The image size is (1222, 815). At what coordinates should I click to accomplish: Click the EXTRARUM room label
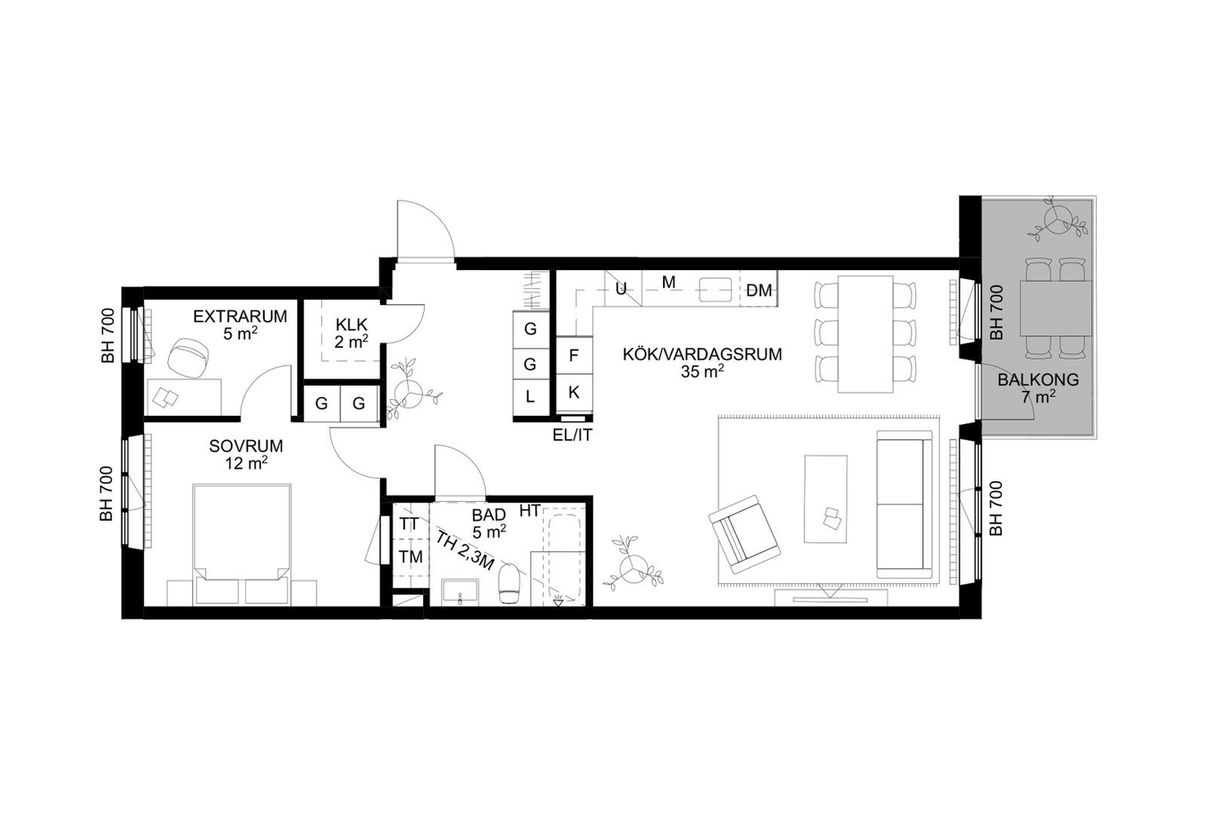coord(240,317)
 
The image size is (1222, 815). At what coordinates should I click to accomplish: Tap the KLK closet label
coord(352,325)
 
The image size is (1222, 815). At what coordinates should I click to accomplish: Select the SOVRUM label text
coord(246,446)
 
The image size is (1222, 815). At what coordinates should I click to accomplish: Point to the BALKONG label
coord(1038,379)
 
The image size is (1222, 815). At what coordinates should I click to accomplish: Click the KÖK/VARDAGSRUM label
coord(702,354)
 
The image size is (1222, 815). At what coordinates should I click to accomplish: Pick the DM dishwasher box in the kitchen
coord(759,289)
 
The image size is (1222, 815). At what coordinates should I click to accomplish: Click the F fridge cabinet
coord(574,355)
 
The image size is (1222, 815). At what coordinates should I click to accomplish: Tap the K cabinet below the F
coord(574,392)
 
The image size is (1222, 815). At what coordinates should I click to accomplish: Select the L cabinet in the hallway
coord(530,397)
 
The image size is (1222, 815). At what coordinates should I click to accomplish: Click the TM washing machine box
coord(411,557)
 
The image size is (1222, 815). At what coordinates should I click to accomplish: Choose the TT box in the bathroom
coord(409,524)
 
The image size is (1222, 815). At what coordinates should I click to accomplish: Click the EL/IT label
coord(573,436)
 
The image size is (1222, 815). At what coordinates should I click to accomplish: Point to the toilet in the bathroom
coord(508,583)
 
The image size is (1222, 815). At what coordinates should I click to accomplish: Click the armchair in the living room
coord(743,535)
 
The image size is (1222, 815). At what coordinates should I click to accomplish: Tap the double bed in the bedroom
coord(242,544)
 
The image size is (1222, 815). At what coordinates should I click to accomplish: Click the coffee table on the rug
coord(826,499)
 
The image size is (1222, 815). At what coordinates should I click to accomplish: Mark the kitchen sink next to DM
coord(716,289)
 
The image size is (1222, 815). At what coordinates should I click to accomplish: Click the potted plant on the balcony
coord(1057,220)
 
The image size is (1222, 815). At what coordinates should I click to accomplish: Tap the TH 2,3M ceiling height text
coord(465,550)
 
